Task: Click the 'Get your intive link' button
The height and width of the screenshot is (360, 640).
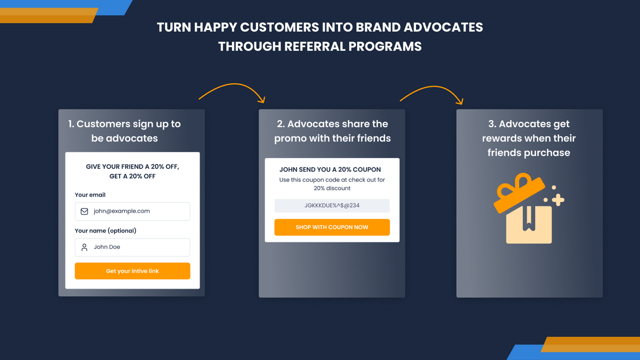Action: point(132,271)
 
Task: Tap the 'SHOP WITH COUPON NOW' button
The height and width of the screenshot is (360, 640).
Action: point(332,227)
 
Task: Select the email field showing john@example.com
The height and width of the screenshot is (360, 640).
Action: point(132,211)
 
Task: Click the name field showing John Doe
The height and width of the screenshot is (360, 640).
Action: point(132,247)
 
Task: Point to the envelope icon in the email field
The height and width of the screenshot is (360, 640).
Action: point(84,211)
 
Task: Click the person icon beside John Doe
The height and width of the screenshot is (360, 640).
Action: point(84,247)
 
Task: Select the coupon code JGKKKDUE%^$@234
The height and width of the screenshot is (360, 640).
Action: point(332,205)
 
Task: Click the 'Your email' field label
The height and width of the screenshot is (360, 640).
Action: point(90,195)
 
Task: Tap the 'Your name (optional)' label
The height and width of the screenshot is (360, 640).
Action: point(105,230)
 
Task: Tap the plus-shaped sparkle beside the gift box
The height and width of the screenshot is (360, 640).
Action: point(558,199)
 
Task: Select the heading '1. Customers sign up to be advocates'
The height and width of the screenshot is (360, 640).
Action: point(124,131)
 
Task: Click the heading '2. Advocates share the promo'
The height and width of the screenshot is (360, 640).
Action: point(332,131)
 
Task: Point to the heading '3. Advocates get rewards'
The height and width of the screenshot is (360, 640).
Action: point(529,138)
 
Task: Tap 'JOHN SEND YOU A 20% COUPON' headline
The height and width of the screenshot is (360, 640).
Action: point(330,169)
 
